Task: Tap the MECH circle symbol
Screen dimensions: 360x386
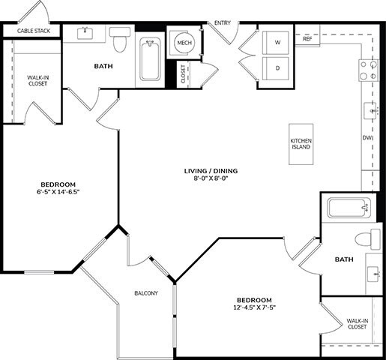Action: pos(184,44)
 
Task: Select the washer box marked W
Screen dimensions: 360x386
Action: pos(277,43)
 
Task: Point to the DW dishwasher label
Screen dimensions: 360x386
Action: pos(367,138)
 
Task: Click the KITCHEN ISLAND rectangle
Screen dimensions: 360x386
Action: pos(301,143)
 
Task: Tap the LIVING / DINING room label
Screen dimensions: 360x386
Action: pos(211,170)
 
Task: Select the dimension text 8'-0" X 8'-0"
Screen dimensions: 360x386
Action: pos(211,179)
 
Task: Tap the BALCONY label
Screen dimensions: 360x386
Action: pos(145,293)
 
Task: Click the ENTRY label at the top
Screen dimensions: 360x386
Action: pos(223,23)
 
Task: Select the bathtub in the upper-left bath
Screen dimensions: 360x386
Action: pos(151,60)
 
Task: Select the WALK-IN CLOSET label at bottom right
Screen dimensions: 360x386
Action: pos(357,324)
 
